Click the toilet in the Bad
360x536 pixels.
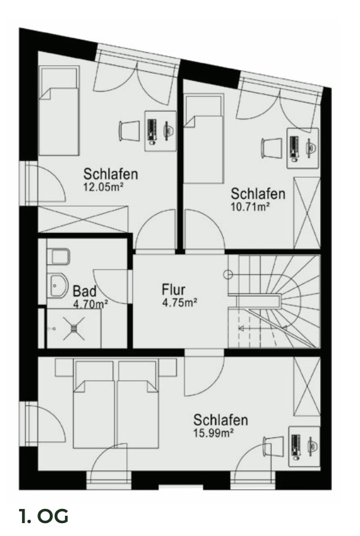[x=59, y=254]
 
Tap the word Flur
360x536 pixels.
[x=174, y=290]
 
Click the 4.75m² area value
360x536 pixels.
[x=179, y=302]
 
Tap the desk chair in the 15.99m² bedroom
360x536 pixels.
[x=270, y=446]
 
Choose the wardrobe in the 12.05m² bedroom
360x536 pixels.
[x=84, y=219]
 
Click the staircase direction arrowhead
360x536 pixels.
[x=241, y=329]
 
